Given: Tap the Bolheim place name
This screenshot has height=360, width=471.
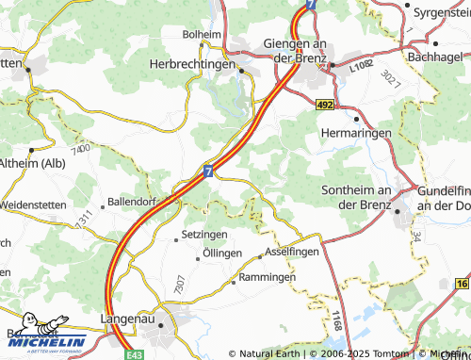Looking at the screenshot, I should coord(200,33).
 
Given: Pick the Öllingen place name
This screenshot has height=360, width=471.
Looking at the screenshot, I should coord(222,255).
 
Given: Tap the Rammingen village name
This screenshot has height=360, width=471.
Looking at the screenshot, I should coord(267,278).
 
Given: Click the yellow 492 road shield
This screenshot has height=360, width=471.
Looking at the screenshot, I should coord(325,106).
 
